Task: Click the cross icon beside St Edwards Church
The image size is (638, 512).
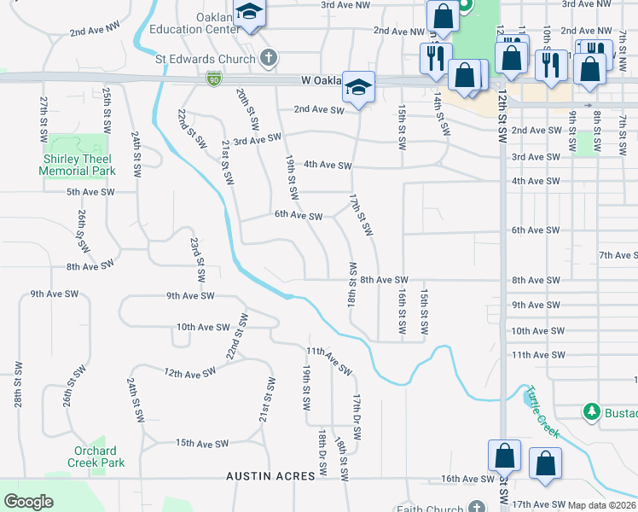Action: coord(269,59)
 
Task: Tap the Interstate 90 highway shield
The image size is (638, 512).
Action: coord(212,79)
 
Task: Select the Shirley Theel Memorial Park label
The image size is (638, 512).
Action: coord(77,165)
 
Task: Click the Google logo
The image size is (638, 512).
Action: coord(28,502)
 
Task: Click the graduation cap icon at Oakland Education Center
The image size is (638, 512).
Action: coord(250,14)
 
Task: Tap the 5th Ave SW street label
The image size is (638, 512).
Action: coord(90,192)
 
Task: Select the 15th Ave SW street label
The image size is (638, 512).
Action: coord(202,443)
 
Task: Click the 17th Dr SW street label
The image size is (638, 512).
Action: coord(357,416)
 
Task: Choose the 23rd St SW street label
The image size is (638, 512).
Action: coord(197,260)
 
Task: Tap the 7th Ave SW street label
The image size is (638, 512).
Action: coord(618,255)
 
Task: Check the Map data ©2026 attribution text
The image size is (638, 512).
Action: coord(602,505)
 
